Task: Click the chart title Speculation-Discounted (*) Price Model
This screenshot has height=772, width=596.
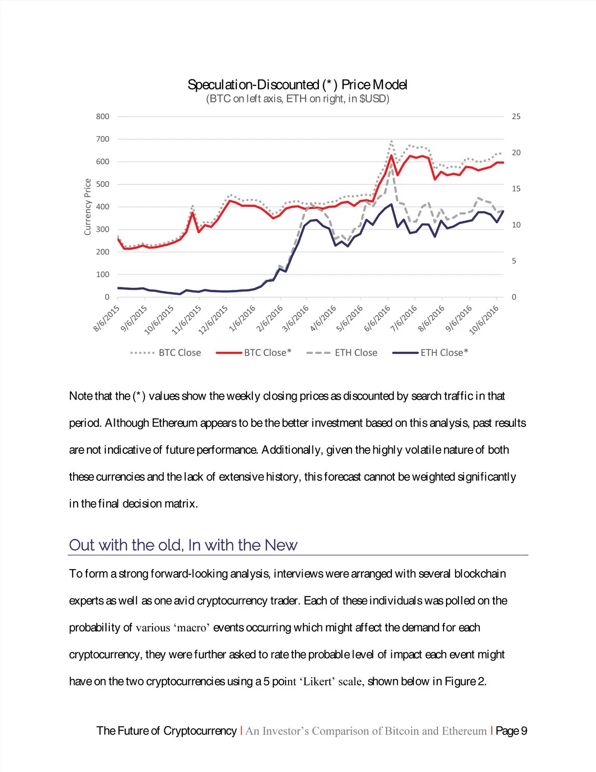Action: [298, 85]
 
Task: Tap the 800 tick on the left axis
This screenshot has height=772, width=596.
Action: [103, 116]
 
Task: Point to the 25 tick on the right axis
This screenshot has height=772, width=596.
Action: [516, 116]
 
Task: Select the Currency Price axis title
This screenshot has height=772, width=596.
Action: [88, 207]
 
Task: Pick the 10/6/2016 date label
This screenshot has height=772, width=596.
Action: [484, 320]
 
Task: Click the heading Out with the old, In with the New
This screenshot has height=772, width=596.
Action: [183, 545]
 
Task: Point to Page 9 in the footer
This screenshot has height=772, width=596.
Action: [511, 731]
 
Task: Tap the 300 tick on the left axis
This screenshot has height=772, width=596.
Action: [103, 229]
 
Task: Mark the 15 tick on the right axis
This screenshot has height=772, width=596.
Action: [516, 189]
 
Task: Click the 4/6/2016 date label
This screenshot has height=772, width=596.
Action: [323, 318]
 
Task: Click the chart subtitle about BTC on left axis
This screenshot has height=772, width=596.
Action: [298, 99]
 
